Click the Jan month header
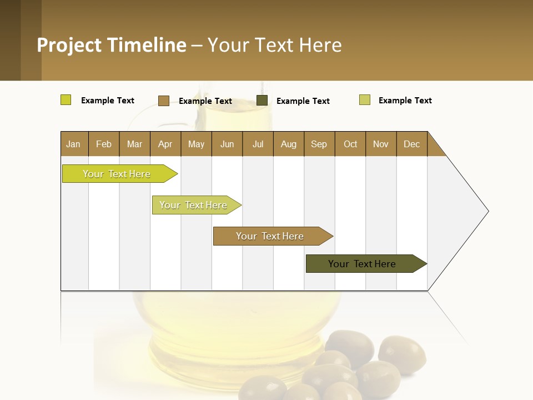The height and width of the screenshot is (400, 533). (74, 144)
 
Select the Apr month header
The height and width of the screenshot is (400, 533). (165, 144)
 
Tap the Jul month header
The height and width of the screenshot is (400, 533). (258, 144)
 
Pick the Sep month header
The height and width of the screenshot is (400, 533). (319, 144)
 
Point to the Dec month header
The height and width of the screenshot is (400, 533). (411, 144)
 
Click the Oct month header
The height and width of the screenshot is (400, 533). (350, 144)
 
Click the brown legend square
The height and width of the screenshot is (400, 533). (163, 101)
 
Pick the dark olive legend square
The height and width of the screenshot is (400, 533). (262, 101)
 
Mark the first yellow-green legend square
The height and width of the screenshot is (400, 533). (66, 100)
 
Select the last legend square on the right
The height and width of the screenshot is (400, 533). (365, 100)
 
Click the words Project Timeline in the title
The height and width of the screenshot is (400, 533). (111, 45)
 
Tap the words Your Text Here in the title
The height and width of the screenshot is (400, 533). (274, 45)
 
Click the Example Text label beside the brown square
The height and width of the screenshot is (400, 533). (205, 101)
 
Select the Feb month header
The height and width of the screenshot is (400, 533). (104, 144)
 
